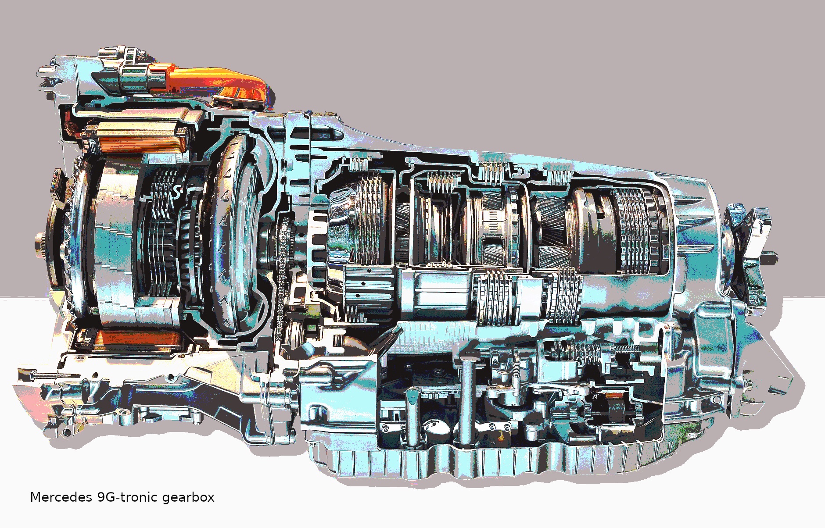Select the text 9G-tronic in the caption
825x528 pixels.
click(127, 497)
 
